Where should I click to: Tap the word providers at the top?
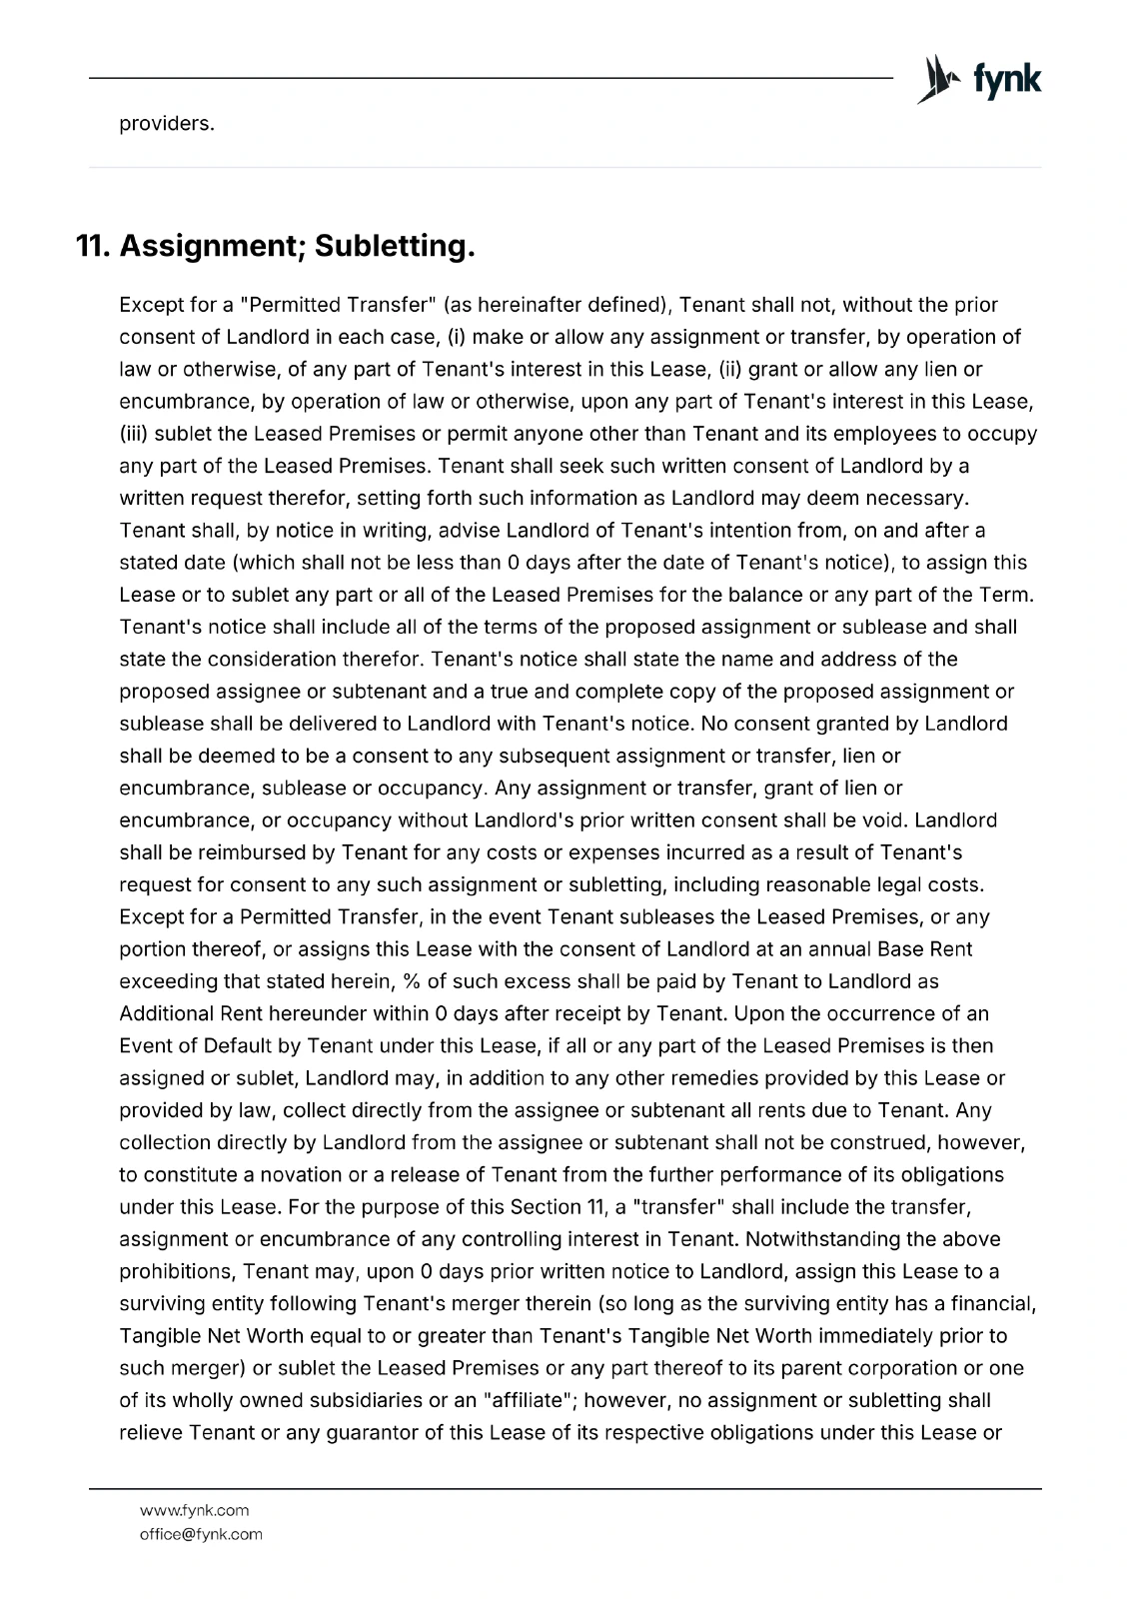tap(166, 125)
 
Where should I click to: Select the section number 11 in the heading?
tap(93, 246)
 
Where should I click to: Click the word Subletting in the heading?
tap(394, 246)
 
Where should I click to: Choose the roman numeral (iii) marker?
tap(137, 434)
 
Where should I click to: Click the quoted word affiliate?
tap(531, 1400)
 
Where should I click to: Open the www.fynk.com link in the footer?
tap(194, 1510)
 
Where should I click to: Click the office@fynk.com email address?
tap(201, 1534)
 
